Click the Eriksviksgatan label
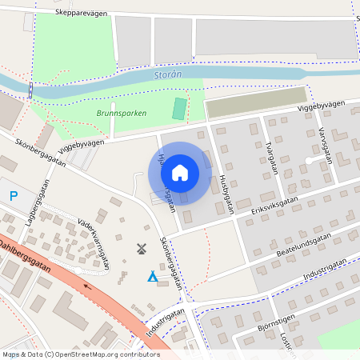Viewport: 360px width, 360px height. pyautogui.click(x=273, y=205)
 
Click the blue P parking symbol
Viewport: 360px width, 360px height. pyautogui.click(x=14, y=195)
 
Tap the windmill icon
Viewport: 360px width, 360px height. pyautogui.click(x=142, y=249)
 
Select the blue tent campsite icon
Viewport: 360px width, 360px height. pyautogui.click(x=152, y=277)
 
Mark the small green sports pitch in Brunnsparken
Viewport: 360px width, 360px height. pyautogui.click(x=179, y=108)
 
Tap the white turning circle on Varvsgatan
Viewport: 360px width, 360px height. pyautogui.click(x=309, y=161)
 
